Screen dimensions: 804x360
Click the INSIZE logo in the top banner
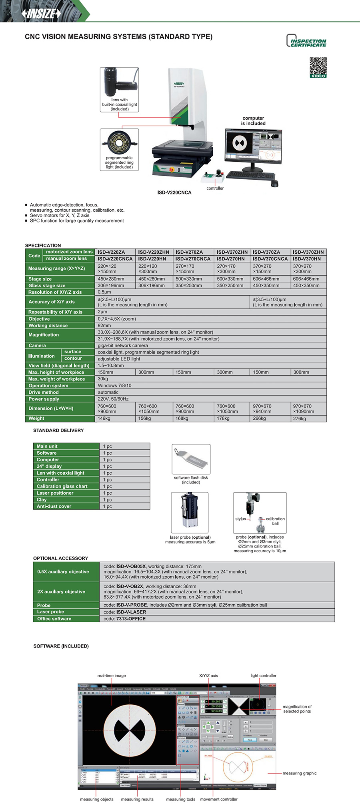41,14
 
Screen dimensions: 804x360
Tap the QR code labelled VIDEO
318,67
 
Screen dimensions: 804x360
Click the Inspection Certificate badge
306,41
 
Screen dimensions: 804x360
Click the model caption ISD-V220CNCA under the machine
174,192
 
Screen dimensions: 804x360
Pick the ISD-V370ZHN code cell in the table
308,252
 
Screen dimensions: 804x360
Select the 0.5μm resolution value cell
104,292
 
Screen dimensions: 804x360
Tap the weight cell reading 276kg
300,419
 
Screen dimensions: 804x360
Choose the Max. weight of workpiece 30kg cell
103,379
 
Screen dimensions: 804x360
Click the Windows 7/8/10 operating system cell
114,386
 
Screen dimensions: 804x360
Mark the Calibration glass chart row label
62,486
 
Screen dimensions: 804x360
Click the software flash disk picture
191,459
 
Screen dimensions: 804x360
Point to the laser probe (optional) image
190,512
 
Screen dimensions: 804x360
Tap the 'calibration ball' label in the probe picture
275,521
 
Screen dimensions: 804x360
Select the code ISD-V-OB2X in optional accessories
130,586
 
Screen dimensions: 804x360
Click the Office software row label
54,619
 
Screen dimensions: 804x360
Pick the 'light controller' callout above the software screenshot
263,676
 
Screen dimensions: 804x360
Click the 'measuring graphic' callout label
300,773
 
